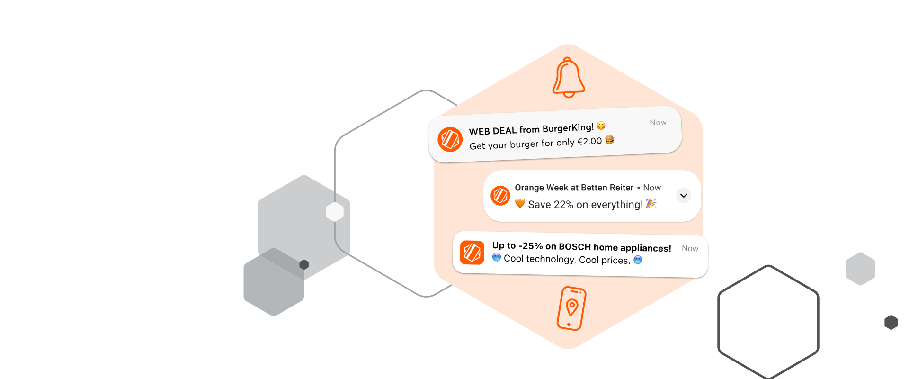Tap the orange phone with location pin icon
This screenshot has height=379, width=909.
coord(571,308)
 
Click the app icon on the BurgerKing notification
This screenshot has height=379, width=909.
coord(450,139)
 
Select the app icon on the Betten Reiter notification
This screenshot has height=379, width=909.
coord(500,195)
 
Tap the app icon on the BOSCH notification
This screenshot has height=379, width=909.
coord(472,253)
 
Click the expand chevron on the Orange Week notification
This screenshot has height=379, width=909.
coord(683,195)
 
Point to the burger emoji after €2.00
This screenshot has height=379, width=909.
coord(609,140)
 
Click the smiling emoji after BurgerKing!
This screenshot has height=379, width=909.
coord(601,126)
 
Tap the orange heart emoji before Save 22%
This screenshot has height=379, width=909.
coord(520,203)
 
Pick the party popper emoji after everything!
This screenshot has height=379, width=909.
coord(651,203)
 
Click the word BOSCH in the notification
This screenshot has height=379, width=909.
coord(575,247)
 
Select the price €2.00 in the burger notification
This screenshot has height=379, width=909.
coord(589,141)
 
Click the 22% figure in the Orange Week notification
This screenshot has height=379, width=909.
coord(563,205)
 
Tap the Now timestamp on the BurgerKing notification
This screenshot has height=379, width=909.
coord(658,123)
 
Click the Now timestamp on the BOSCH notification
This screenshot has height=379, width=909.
coord(690,248)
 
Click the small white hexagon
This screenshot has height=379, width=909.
coord(335,212)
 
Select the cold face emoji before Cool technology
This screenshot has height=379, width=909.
coord(497,257)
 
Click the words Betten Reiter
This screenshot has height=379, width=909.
coord(607,188)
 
